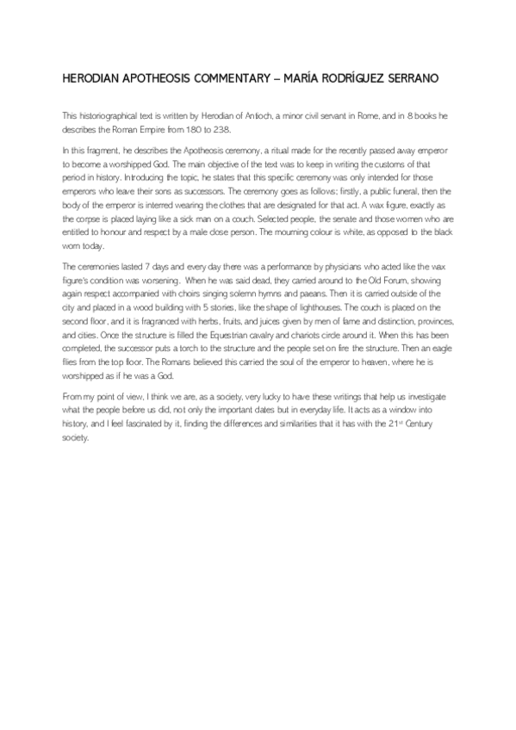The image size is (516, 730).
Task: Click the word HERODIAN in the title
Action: tap(91, 78)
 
